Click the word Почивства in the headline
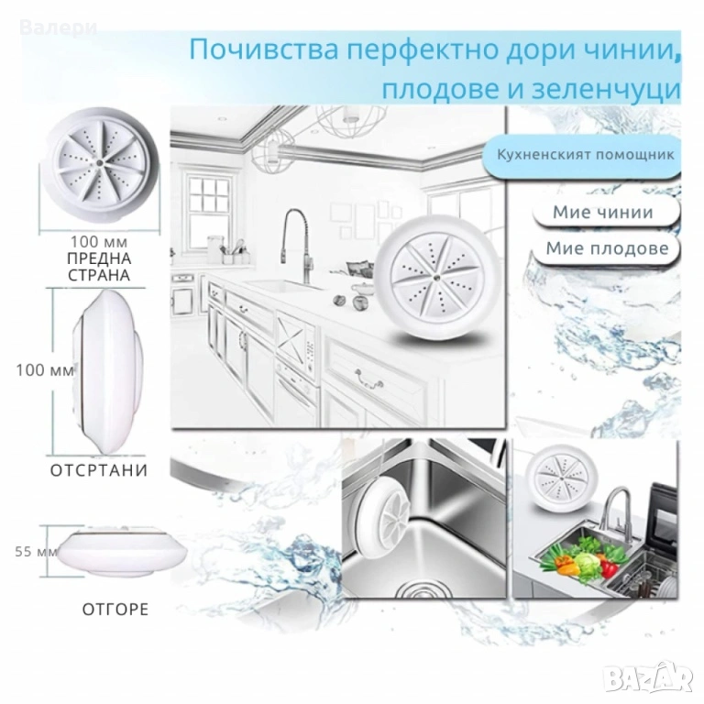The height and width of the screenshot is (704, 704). pos(264,49)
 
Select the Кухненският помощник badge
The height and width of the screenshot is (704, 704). pos(585,155)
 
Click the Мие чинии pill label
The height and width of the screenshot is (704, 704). pos(603,212)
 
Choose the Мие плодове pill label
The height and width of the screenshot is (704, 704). pos(607,247)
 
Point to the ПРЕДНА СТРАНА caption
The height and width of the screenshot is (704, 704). pos(99,266)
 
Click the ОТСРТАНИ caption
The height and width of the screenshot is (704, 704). pos(99,470)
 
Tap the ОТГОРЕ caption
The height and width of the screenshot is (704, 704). pos(115,610)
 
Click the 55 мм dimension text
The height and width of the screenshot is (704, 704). pos(37,551)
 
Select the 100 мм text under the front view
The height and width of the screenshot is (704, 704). pos(99,242)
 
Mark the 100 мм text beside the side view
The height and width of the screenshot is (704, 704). pos(45,370)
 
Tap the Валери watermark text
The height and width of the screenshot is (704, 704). pos(59,27)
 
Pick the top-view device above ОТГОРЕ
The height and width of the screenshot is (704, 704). pos(122,552)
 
